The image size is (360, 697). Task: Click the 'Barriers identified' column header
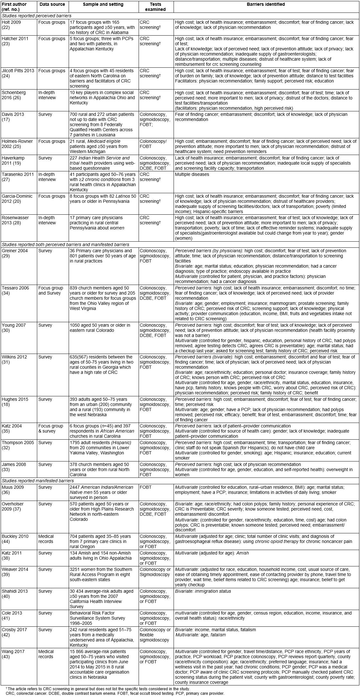tap(266, 4)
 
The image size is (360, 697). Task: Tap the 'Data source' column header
tap(51, 4)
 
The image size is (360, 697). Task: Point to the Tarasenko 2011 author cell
tap(15, 177)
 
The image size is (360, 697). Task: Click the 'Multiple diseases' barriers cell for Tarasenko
tap(192, 175)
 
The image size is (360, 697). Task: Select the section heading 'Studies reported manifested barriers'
tap(38, 481)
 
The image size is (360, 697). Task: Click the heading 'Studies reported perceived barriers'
tap(37, 15)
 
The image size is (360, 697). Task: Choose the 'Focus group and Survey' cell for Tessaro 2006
tap(51, 290)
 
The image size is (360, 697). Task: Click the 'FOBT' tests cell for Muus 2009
tap(145, 487)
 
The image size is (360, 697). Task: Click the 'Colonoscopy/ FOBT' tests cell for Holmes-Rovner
tap(153, 144)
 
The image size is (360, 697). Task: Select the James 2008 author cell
tap(14, 467)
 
